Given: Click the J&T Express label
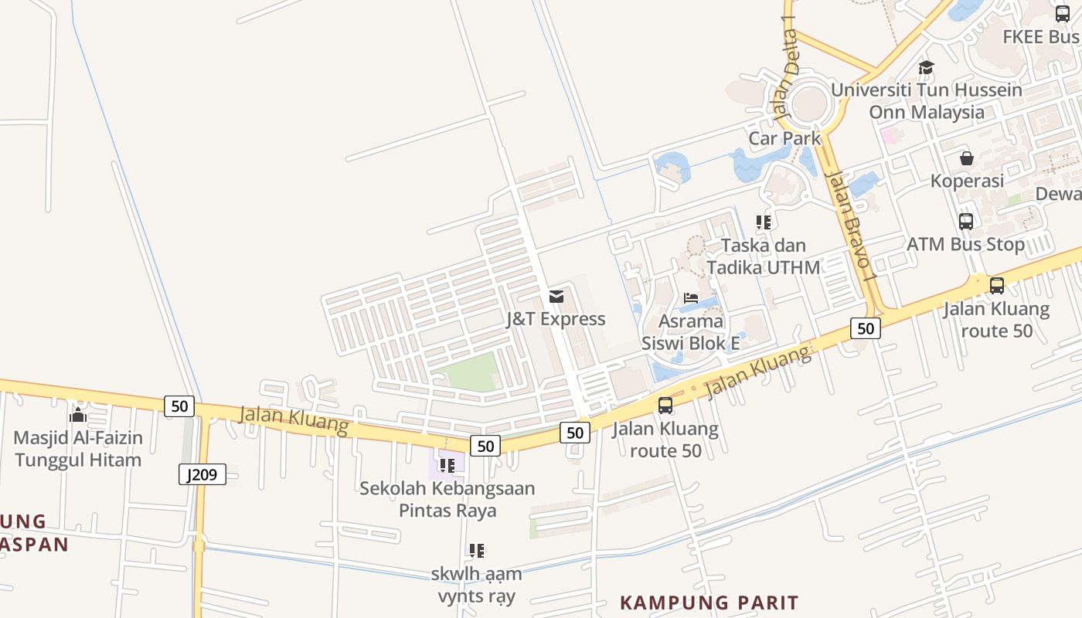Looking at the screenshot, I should pos(556,319).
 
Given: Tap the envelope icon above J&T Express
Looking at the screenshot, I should pos(556,297).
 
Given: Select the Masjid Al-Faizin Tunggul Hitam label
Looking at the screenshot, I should pos(78,449).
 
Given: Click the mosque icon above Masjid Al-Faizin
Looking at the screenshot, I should pos(78,416).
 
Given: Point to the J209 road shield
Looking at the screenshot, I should pos(202,474).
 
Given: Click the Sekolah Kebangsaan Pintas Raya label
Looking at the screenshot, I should pos(447,499).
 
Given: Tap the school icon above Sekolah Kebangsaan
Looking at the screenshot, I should pos(447,466).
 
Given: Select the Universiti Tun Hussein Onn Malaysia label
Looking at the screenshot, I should pos(927,101).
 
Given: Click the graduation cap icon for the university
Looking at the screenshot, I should pos(926,68).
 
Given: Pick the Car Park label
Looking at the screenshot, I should pos(784,138).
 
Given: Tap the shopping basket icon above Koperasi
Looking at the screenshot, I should pos(966,158).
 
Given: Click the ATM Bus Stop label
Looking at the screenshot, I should pos(966,244).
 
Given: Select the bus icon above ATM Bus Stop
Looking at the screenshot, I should pos(966,222).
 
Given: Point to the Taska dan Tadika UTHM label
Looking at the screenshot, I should pos(764,256).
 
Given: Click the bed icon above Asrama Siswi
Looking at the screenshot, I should pos(691,298).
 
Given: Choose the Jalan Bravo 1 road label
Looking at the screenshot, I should pos(852,225).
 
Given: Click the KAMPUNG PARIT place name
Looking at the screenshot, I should pos(709,603).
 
